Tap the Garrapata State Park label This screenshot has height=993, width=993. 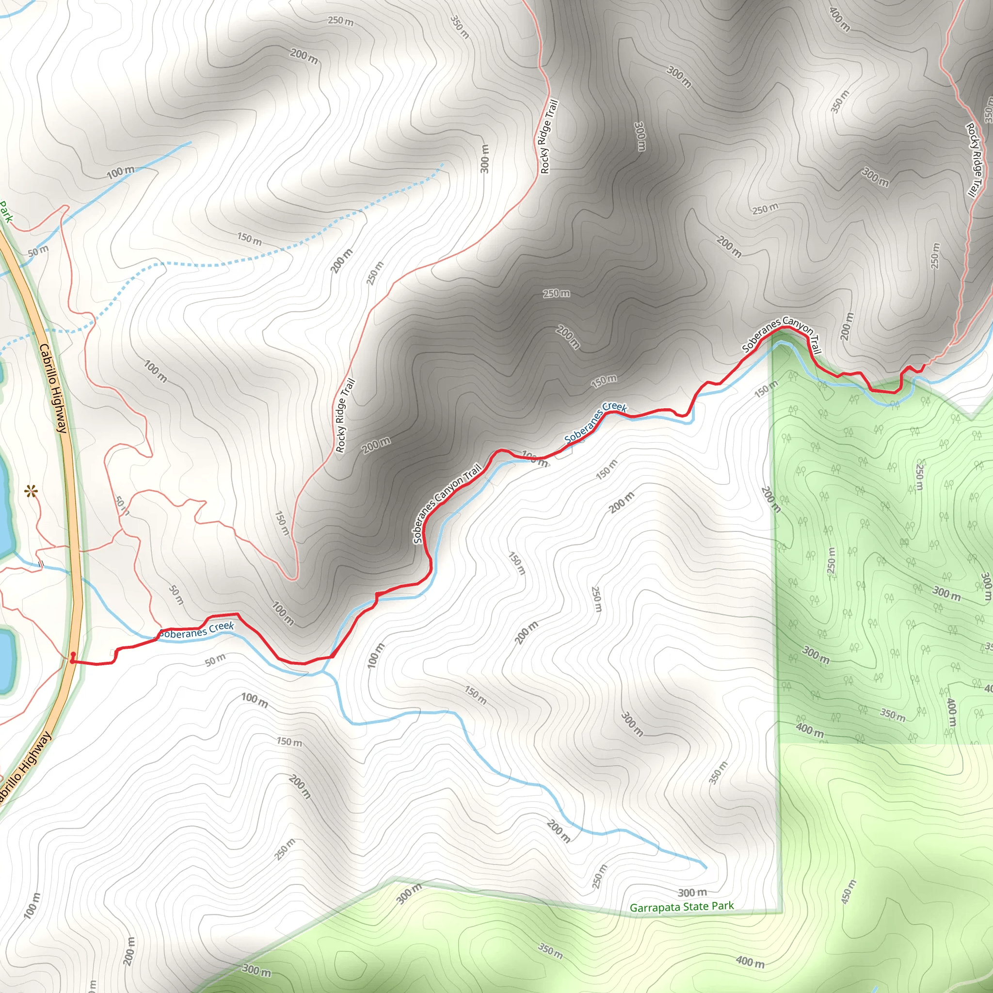point(682,907)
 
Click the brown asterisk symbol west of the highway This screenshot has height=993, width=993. point(32,493)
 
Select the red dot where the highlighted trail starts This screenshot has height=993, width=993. point(73,654)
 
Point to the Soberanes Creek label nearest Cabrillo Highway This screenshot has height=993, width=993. point(196,631)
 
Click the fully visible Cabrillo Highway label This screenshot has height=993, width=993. point(53,388)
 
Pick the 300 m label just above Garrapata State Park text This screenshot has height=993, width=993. point(692,892)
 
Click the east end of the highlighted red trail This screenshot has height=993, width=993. point(924,366)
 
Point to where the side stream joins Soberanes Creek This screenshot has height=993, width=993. point(323,671)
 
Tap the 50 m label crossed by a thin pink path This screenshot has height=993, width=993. point(122,505)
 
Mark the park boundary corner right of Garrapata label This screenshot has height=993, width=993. point(782,913)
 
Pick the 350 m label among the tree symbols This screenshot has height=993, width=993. point(893,714)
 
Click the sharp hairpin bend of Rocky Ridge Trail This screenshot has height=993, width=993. point(293,579)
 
